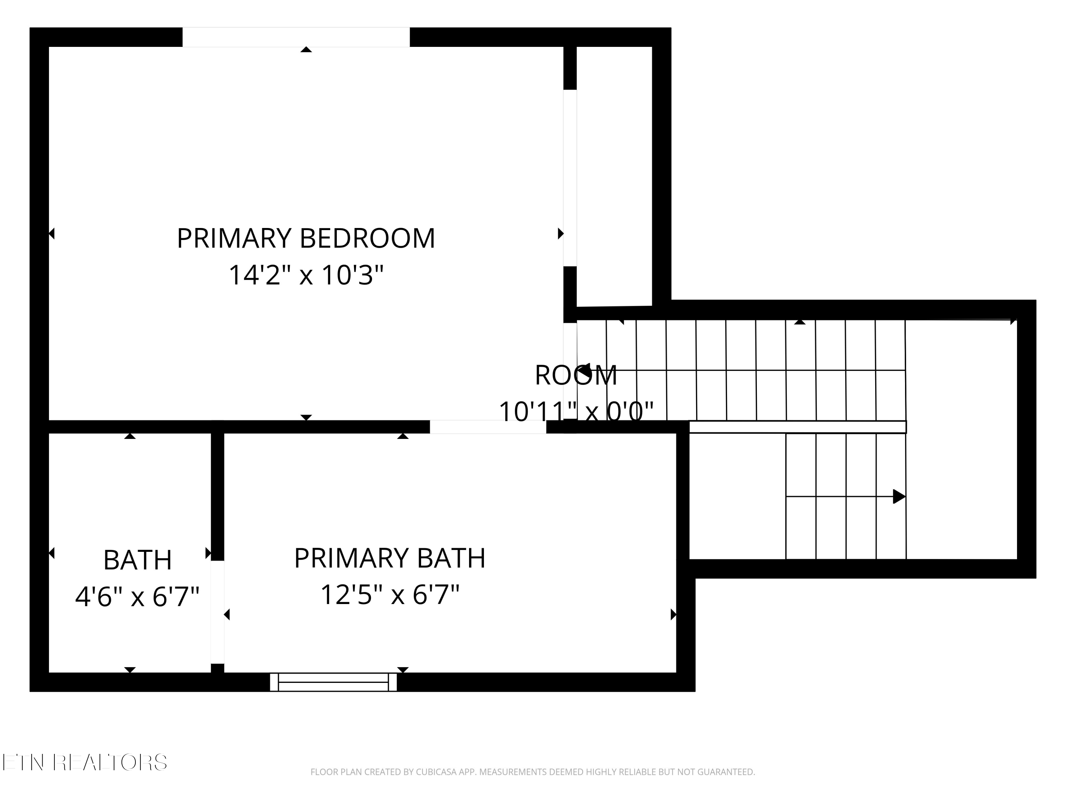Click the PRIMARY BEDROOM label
306,238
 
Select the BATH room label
138,560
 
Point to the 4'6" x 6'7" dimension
138,597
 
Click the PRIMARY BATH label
389,558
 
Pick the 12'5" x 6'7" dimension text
389,595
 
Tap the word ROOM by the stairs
576,375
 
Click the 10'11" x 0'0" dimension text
576,412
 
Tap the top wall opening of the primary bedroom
296,37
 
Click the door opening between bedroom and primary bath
488,427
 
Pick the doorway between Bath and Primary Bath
217,612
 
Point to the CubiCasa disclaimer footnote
533,772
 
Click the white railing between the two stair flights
798,427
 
